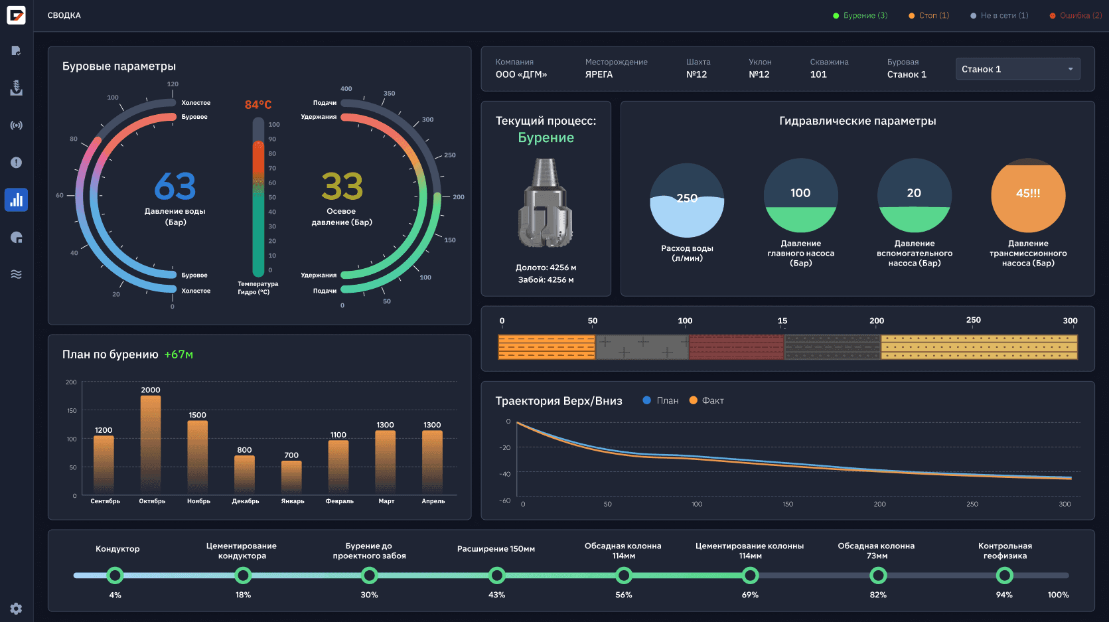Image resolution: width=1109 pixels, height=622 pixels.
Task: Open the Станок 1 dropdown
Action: pos(1017,69)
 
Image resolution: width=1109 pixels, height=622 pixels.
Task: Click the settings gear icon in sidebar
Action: pos(17,608)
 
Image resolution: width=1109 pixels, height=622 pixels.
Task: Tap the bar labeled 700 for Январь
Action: pos(291,477)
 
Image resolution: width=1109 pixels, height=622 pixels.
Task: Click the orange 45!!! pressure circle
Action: pos(1027,194)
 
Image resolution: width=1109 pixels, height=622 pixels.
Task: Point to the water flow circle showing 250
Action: pos(687,200)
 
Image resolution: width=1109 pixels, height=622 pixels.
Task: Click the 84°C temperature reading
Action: pos(258,105)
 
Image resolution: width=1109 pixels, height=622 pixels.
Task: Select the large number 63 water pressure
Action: pos(175,187)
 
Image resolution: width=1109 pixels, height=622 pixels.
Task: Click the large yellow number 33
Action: pos(342,187)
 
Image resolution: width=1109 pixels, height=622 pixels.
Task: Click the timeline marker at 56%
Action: pos(623,575)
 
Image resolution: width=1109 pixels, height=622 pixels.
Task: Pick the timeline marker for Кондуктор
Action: pos(115,575)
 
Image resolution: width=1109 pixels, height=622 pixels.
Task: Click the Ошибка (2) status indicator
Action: pos(1075,15)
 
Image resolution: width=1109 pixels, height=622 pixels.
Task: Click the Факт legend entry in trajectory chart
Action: pos(707,400)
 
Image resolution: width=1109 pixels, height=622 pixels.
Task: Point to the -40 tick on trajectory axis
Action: pos(505,474)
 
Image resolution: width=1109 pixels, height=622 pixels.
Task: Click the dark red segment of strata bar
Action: pos(736,347)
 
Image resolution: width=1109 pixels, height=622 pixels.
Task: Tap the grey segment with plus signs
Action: pos(642,347)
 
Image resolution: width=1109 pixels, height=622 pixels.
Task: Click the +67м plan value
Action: pos(179,354)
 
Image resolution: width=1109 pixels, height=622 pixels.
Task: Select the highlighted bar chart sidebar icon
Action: pos(17,200)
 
